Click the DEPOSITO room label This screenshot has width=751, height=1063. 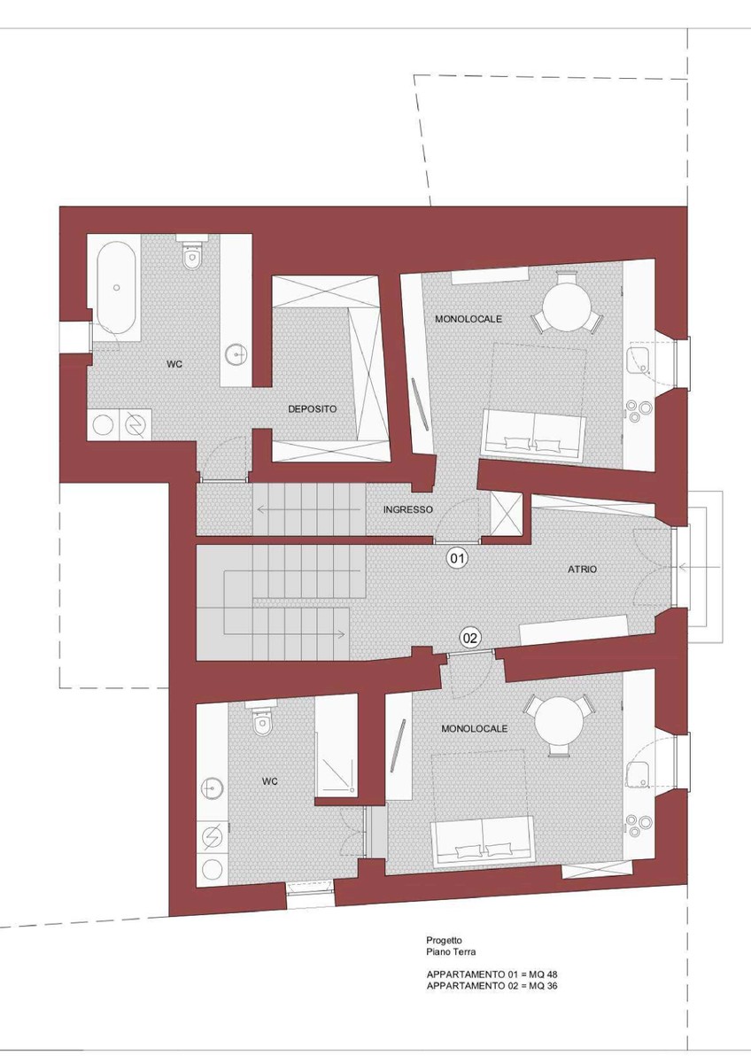(312, 408)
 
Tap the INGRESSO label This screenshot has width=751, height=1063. (408, 509)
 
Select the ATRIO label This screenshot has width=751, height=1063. (582, 569)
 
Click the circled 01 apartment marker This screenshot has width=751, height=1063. (457, 559)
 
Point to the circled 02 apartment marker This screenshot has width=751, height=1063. (469, 638)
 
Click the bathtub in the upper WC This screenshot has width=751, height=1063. (116, 288)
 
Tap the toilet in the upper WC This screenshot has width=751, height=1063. (191, 255)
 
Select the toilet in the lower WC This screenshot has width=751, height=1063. (260, 720)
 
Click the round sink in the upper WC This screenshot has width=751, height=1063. (236, 353)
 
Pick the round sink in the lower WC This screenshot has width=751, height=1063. (212, 788)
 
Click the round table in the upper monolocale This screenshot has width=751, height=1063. (566, 307)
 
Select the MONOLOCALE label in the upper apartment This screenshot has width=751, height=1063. (468, 319)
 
